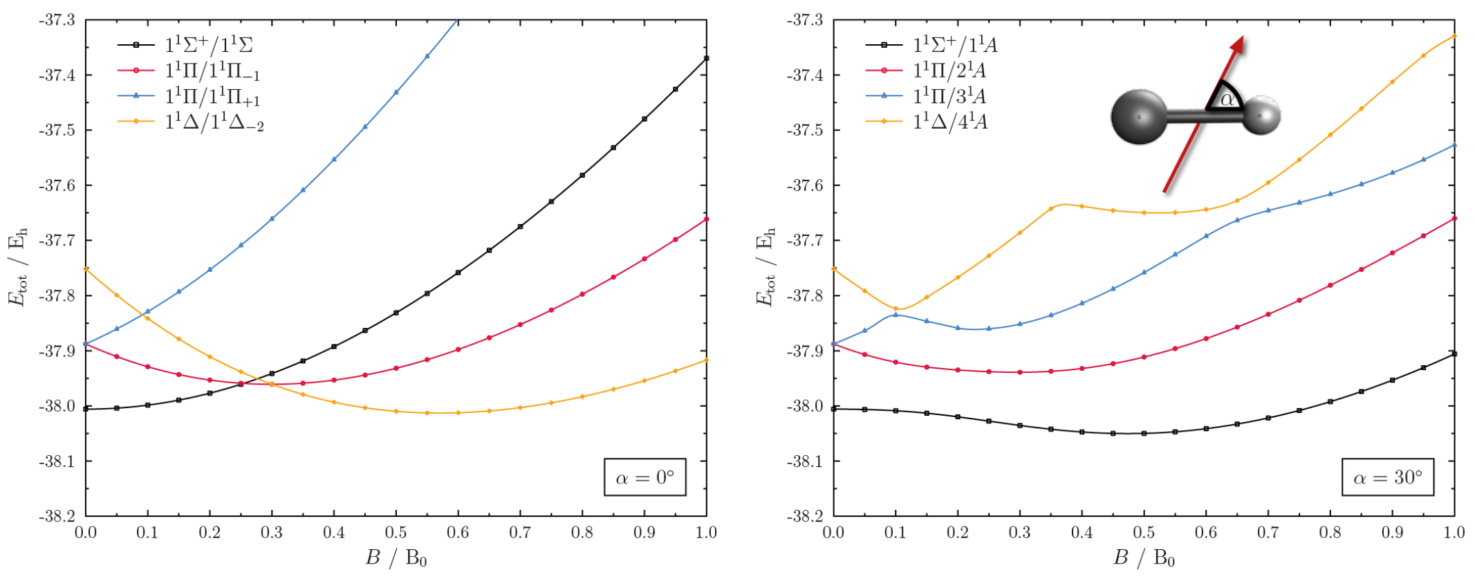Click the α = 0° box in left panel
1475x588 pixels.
tap(644, 477)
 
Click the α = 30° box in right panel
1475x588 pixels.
tap(1387, 477)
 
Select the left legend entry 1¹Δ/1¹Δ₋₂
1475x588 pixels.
tap(191, 122)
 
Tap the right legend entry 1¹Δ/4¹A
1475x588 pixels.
tap(927, 122)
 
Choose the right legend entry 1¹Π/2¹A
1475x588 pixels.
tap(927, 70)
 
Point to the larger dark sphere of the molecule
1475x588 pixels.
tap(1140, 116)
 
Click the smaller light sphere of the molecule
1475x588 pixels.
tap(1261, 114)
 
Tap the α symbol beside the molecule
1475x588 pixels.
tap(1227, 100)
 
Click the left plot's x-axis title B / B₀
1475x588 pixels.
tap(396, 558)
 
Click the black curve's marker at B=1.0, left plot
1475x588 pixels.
tap(706, 58)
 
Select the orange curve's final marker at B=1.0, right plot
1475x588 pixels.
tap(1454, 35)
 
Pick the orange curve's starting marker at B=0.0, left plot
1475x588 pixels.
tap(86, 268)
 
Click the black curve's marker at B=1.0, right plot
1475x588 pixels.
tap(1454, 353)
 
